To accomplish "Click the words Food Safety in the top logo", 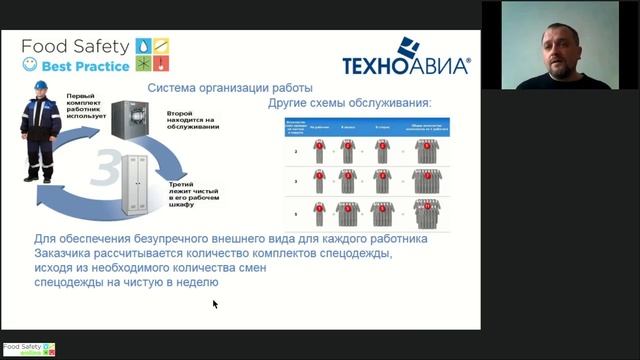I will point(75,46).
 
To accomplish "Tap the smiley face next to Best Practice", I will point(30,66).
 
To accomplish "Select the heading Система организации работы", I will point(230,88).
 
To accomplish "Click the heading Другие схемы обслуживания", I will point(350,103).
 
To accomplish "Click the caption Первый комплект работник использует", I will point(87,103).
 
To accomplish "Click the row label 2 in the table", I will point(294,151).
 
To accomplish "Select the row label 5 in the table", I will point(294,214).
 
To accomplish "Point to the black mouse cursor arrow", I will point(215,303).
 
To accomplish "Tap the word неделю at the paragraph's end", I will point(194,284).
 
